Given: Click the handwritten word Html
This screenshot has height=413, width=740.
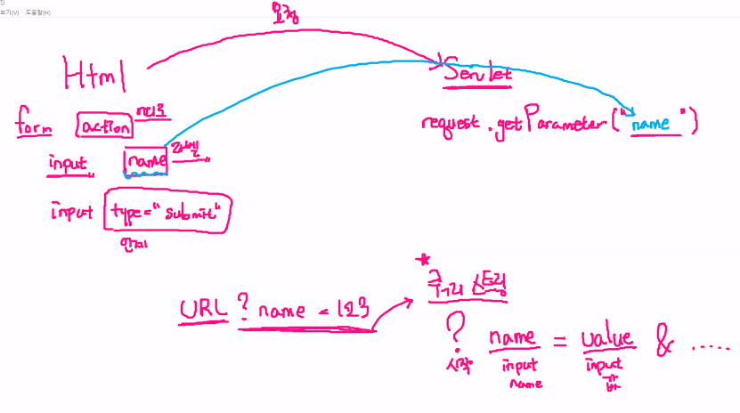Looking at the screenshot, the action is coord(94,73).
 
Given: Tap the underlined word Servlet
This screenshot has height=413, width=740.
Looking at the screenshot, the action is coord(479,75).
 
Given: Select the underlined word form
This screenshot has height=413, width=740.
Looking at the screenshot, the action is coord(34,126).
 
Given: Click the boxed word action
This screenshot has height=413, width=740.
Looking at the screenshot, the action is coord(104,127).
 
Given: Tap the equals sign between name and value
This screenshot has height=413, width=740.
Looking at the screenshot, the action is coord(559,341).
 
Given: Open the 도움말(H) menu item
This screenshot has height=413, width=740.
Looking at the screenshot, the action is coord(38,12).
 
